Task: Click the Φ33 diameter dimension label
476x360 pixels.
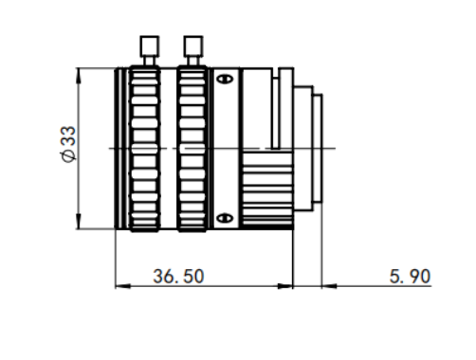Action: pyautogui.click(x=68, y=144)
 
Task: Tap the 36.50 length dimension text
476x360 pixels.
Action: pyautogui.click(x=178, y=277)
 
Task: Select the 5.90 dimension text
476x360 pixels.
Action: pyautogui.click(x=410, y=277)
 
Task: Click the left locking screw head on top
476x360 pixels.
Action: pyautogui.click(x=150, y=46)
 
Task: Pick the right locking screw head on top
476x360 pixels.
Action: pyautogui.click(x=193, y=46)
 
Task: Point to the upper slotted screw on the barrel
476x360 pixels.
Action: pyautogui.click(x=225, y=79)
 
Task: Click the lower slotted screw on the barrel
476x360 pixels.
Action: pyautogui.click(x=225, y=218)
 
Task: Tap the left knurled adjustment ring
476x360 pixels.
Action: pyautogui.click(x=145, y=149)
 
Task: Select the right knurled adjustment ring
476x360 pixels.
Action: pyautogui.click(x=192, y=149)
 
